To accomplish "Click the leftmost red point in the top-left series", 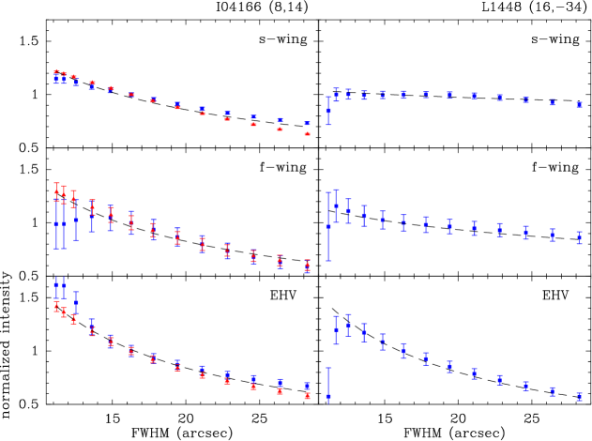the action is pos(56,72).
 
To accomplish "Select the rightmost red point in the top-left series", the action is pos(307,134).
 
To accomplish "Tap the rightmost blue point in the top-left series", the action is pos(307,123).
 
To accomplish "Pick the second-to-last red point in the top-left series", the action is pos(280,129).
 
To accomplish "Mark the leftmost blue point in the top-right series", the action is pos(328,111).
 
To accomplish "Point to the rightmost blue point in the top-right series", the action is pos(579,104).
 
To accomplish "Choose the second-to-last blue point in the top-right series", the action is pos(552,102).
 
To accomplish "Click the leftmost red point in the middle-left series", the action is pos(56,192).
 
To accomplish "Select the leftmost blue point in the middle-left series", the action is pos(56,224).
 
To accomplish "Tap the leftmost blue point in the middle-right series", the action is pos(328,226).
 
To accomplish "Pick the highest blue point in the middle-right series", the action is pos(336,205).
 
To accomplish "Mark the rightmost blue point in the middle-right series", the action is pos(579,237).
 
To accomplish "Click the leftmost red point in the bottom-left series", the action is pos(56,306).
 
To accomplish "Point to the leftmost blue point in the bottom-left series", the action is pos(56,284).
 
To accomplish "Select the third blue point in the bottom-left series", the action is pos(76,302).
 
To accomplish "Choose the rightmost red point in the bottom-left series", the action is pos(307,396).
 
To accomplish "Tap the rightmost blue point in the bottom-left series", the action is pos(307,386).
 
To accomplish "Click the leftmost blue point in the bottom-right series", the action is pos(328,397).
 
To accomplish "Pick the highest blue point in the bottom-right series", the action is pos(348,326).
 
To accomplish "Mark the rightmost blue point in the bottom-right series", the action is pos(579,396).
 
